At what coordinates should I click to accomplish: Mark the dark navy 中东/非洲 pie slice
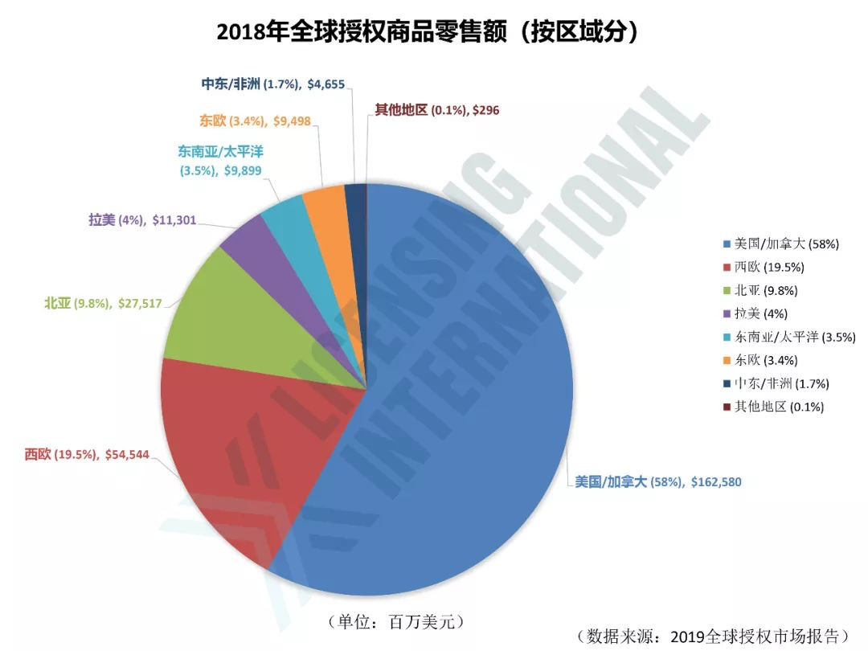pos(355,196)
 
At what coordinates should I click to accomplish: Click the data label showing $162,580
pos(657,482)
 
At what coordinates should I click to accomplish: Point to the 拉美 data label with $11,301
pos(141,219)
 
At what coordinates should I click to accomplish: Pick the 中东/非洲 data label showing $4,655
pos(272,84)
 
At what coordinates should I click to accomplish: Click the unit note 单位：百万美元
pos(396,621)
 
